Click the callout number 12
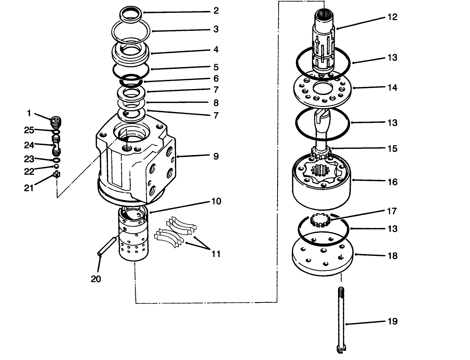tap(392, 17)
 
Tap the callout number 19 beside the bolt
tap(392, 322)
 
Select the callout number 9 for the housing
tap(216, 156)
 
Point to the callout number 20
tap(96, 279)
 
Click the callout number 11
tap(216, 254)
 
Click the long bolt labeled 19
tap(341, 319)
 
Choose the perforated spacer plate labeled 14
tap(322, 89)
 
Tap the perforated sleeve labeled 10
tap(133, 235)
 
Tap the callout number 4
tap(216, 49)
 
